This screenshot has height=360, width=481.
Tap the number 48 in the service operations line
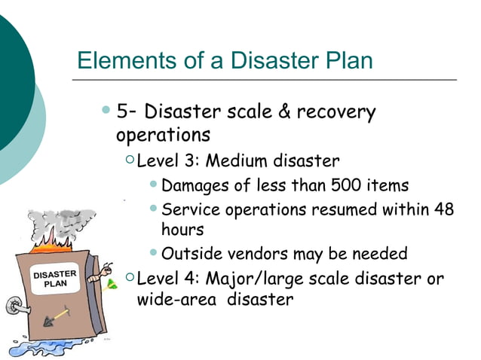[x=444, y=209]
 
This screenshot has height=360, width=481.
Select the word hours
[x=182, y=229]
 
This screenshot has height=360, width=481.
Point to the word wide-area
[x=170, y=300]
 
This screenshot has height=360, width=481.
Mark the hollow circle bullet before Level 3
[x=130, y=160]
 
